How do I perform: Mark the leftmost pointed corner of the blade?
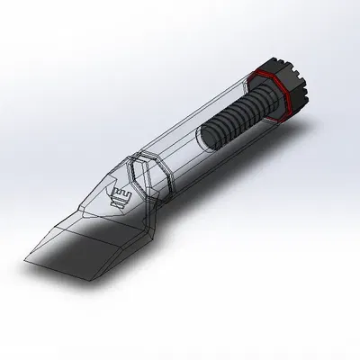[23, 261]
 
